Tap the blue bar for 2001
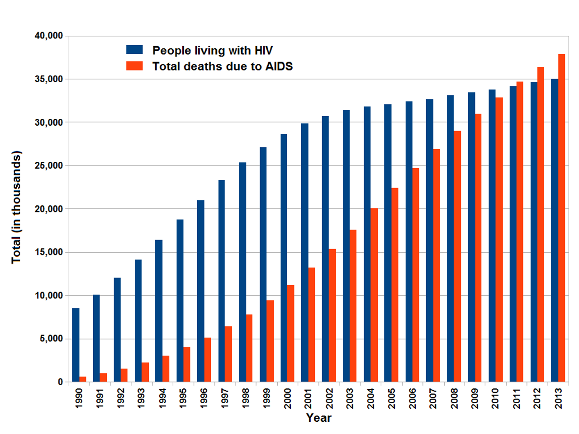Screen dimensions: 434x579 [304, 253]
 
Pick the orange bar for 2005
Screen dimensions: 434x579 [395, 285]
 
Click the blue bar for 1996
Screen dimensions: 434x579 [200, 291]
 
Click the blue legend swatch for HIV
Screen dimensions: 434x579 [134, 50]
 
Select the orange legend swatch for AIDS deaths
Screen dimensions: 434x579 [134, 66]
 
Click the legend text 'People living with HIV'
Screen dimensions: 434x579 [212, 50]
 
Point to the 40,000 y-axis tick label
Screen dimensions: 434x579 [49, 36]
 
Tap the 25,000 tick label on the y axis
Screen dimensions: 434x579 [49, 165]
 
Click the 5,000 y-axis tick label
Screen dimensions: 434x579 [51, 339]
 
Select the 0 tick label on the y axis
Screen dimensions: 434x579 [60, 382]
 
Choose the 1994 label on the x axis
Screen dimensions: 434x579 [162, 398]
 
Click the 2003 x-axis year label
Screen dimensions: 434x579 [350, 398]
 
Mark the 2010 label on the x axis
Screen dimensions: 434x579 [495, 398]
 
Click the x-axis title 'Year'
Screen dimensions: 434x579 [318, 418]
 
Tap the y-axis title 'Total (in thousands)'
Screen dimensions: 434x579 [16, 207]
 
